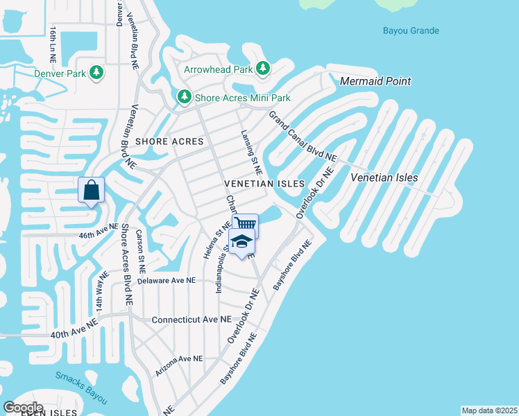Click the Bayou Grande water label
coord(411,31)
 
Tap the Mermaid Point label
coord(375,81)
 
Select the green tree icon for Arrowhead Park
coord(262,68)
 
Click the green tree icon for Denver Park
coord(96,72)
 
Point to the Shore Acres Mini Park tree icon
coord(184,97)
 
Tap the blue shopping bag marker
coord(92,189)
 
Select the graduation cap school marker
coord(241,243)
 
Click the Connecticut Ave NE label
coord(191,320)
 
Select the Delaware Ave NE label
coord(167,281)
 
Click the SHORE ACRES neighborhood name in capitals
coord(170,141)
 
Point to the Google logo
coord(23,407)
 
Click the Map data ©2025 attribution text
coord(488,410)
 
